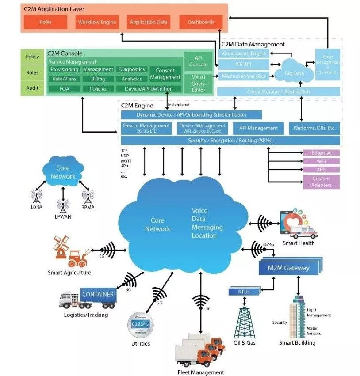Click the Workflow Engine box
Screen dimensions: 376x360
(97, 22)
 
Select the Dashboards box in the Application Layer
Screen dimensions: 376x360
(201, 22)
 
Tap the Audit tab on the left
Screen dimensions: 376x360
(32, 88)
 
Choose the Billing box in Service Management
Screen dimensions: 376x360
(98, 79)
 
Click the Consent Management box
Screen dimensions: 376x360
(165, 74)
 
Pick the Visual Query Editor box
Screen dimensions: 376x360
(198, 83)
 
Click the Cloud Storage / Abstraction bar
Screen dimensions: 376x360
(278, 92)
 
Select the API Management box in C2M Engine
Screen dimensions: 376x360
(258, 128)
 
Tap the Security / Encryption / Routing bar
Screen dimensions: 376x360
(230, 141)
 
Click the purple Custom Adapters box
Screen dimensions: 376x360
(321, 182)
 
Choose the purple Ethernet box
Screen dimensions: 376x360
(321, 153)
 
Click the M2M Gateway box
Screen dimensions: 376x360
(290, 268)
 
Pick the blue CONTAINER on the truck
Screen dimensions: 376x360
(98, 295)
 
